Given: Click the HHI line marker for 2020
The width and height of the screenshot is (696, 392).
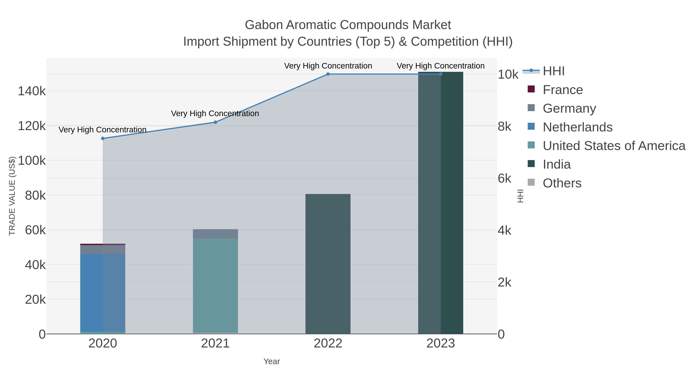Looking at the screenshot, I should click(x=103, y=139).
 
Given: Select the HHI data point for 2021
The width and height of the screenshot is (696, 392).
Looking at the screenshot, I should click(x=215, y=122).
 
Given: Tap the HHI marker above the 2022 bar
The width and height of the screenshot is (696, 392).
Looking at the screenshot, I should click(x=328, y=74).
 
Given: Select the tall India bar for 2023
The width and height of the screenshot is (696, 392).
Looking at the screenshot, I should click(x=441, y=203).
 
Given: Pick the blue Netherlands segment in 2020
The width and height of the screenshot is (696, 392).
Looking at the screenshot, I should click(x=103, y=292).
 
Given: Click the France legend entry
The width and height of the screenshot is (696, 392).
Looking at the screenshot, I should click(x=563, y=90).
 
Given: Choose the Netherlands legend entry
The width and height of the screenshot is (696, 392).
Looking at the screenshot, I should click(x=577, y=127).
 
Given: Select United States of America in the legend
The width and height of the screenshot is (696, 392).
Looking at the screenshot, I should click(x=614, y=146).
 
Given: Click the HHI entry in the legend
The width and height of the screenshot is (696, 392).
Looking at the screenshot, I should click(x=554, y=71).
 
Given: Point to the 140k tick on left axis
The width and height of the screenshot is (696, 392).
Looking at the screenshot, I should click(x=32, y=91).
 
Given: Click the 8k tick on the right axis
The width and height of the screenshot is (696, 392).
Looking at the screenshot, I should click(x=504, y=127).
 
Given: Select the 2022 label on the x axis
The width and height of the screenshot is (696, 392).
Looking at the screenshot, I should click(x=328, y=344).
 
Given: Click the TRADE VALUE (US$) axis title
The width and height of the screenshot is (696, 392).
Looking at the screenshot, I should click(x=12, y=196).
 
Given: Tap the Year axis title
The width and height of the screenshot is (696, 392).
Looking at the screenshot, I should click(x=272, y=361).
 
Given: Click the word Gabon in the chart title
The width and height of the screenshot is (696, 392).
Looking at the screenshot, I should click(x=264, y=25).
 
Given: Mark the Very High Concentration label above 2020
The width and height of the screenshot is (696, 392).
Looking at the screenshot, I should click(x=103, y=130).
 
